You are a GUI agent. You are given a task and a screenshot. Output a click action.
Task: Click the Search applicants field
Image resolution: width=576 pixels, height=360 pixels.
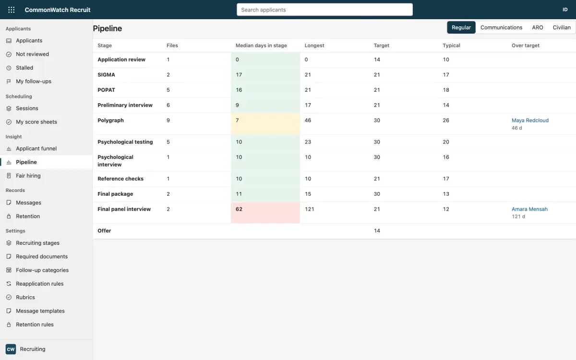point(324,10)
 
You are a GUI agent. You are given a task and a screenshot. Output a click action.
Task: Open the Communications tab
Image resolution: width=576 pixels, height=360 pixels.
point(501,27)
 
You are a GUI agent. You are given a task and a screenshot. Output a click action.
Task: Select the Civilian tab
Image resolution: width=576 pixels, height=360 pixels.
point(562,27)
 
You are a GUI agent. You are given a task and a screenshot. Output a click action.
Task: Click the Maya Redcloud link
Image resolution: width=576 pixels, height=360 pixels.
point(530,120)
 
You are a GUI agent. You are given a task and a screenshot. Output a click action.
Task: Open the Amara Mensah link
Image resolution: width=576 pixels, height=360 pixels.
point(529,209)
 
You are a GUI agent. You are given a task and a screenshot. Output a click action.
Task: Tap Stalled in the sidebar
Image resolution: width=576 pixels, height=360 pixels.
point(24,68)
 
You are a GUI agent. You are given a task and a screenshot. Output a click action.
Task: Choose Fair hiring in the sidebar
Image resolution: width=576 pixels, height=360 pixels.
point(28,176)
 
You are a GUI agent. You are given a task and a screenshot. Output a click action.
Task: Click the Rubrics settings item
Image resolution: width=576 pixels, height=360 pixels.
point(25,297)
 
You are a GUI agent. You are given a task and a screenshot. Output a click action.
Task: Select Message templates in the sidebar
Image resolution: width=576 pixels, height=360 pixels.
point(40,311)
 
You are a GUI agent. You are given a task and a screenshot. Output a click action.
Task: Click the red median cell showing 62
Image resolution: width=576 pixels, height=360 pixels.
point(265,212)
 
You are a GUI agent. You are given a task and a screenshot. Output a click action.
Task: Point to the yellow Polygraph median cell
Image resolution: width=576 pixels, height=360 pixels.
point(265,124)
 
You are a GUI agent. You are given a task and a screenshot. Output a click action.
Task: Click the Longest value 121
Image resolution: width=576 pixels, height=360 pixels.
point(309,209)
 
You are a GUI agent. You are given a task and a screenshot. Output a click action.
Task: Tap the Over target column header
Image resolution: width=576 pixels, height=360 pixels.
point(525,45)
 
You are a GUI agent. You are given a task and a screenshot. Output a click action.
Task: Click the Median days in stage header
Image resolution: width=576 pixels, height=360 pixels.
point(261,45)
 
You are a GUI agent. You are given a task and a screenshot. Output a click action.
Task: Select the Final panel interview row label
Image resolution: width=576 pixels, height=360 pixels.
point(124,209)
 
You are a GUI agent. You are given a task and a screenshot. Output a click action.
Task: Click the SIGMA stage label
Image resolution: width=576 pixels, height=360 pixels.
point(106,74)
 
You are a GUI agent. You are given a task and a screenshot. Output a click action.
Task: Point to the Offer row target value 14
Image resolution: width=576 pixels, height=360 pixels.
point(377,231)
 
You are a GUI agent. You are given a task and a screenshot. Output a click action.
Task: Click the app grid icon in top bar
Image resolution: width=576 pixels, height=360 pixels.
point(12,10)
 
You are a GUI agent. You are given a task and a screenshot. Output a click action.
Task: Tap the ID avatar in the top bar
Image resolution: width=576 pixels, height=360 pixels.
point(564,10)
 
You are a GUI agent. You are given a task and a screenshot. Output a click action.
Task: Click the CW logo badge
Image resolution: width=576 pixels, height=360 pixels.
point(11,349)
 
